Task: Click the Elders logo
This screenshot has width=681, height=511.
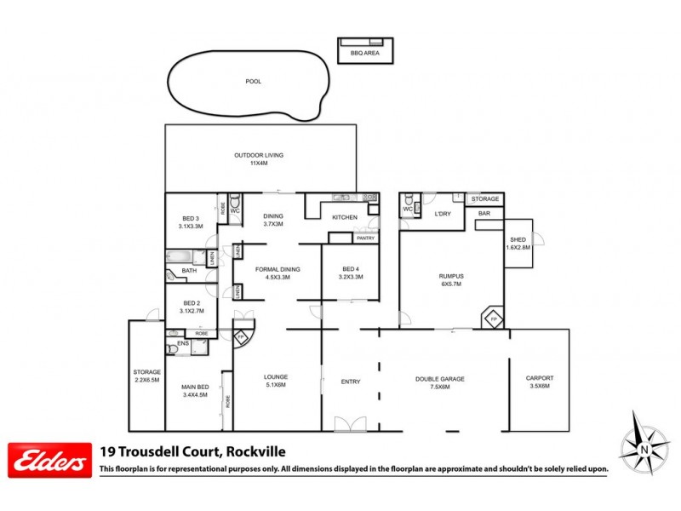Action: tap(49, 460)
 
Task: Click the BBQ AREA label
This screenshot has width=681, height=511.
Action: tap(364, 53)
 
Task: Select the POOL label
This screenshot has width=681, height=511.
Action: tap(252, 82)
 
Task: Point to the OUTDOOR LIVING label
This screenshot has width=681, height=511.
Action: tap(259, 155)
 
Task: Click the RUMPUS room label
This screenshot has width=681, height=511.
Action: tap(451, 274)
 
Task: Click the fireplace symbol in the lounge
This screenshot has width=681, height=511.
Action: tap(241, 336)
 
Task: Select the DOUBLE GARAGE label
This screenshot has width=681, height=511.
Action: tap(440, 379)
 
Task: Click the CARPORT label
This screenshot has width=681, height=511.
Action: tap(540, 379)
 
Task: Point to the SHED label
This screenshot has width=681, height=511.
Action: tap(518, 239)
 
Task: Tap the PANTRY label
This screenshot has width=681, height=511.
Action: tap(365, 238)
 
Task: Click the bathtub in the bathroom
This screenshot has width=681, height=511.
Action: tap(181, 255)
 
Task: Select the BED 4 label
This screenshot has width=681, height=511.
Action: tap(351, 269)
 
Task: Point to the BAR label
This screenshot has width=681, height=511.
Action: tap(484, 213)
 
